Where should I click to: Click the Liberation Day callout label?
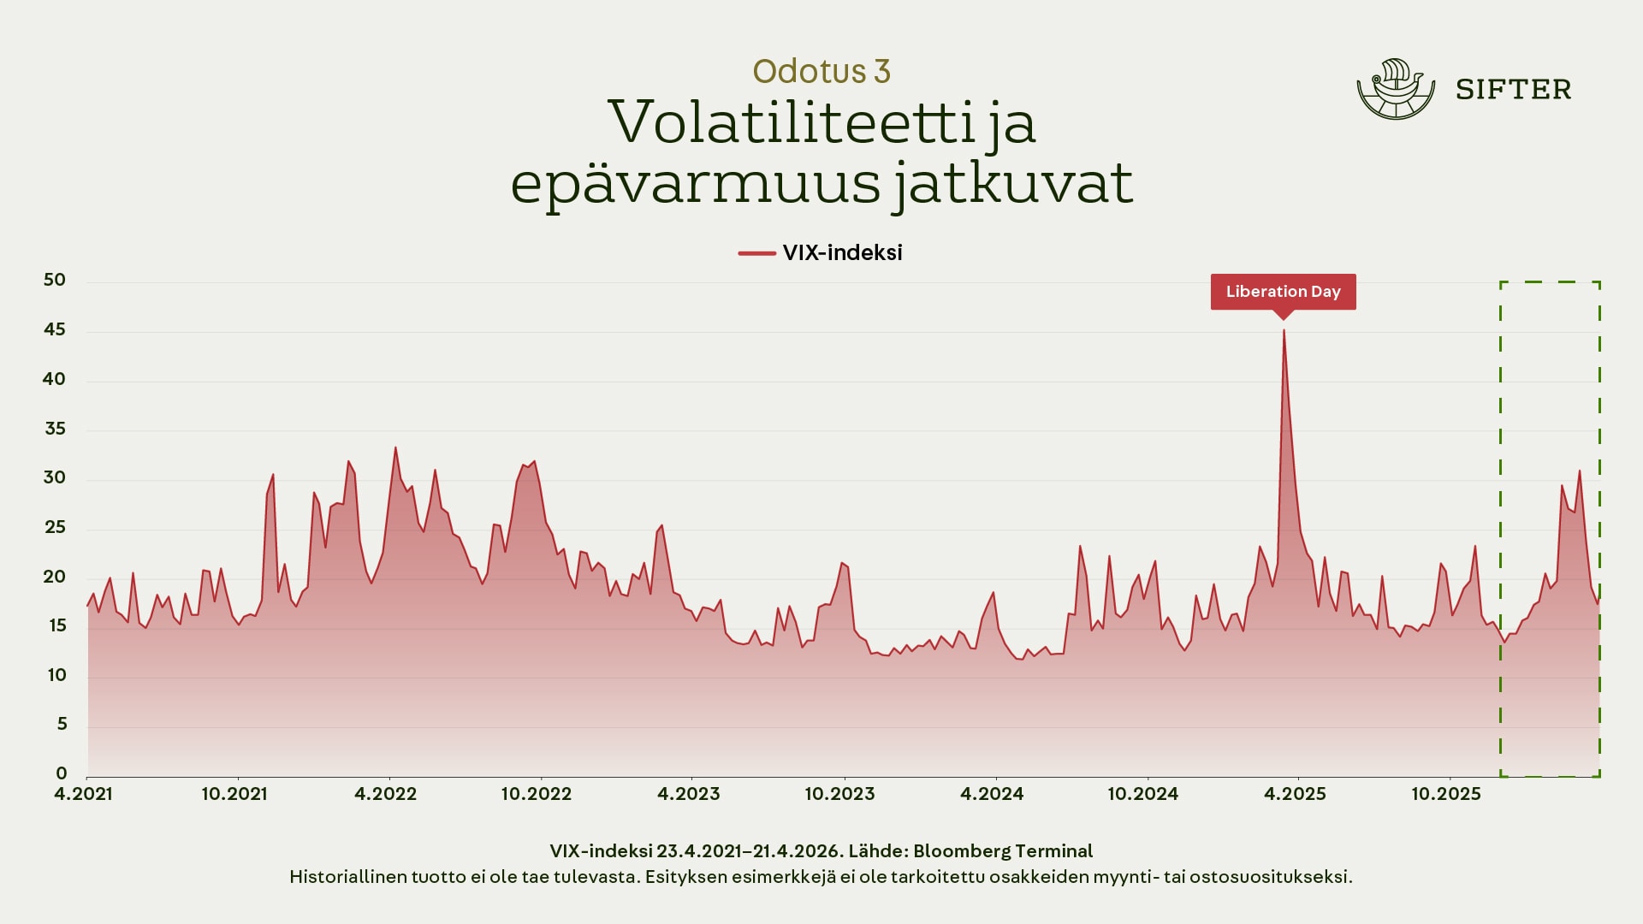[x=1283, y=292]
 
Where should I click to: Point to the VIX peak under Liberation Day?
[x=1284, y=331]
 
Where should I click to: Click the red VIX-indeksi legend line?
[x=756, y=253]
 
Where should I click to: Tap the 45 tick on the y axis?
[x=54, y=330]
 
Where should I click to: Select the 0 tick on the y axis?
[x=61, y=774]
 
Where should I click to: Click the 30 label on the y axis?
[x=54, y=478]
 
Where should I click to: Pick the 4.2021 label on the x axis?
[x=83, y=794]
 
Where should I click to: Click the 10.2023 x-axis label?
[x=839, y=794]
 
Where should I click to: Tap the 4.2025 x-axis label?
[x=1295, y=794]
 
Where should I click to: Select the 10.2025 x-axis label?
[x=1445, y=794]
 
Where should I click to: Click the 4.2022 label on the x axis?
[x=385, y=794]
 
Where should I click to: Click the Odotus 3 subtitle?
[x=821, y=71]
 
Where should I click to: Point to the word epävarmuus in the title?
[x=696, y=183]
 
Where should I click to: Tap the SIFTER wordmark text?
[x=1513, y=90]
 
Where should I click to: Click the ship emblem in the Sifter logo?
[x=1396, y=89]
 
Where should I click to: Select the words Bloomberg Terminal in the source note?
[x=1003, y=851]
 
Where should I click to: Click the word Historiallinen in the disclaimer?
[x=347, y=877]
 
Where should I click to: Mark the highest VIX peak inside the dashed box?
[x=1580, y=471]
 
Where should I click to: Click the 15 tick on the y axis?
[x=56, y=626]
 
